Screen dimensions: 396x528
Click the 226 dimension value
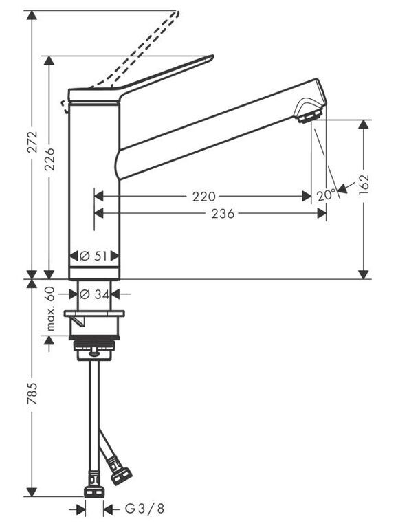click(x=49, y=159)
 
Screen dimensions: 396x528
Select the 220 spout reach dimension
click(x=203, y=197)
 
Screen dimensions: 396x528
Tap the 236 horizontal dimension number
click(x=223, y=214)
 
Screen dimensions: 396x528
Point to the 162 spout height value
click(x=364, y=184)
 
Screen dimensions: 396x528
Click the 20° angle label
click(x=326, y=195)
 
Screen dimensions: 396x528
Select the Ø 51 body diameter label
click(x=93, y=256)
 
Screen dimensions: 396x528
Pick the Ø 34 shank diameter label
click(x=94, y=295)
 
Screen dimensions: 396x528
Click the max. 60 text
click(x=49, y=309)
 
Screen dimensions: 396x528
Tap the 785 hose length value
click(x=33, y=393)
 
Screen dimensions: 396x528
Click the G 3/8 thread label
click(x=145, y=508)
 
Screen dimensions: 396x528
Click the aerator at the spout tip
click(x=309, y=116)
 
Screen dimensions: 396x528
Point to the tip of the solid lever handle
click(x=213, y=56)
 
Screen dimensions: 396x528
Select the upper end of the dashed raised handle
click(x=177, y=13)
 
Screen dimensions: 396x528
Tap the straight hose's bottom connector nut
click(x=94, y=492)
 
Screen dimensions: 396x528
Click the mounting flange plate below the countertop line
click(x=94, y=313)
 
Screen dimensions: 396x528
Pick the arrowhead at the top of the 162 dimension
click(x=363, y=124)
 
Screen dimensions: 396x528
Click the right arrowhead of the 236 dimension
click(x=322, y=213)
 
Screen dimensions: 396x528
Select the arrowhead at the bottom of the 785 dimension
click(x=32, y=492)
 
